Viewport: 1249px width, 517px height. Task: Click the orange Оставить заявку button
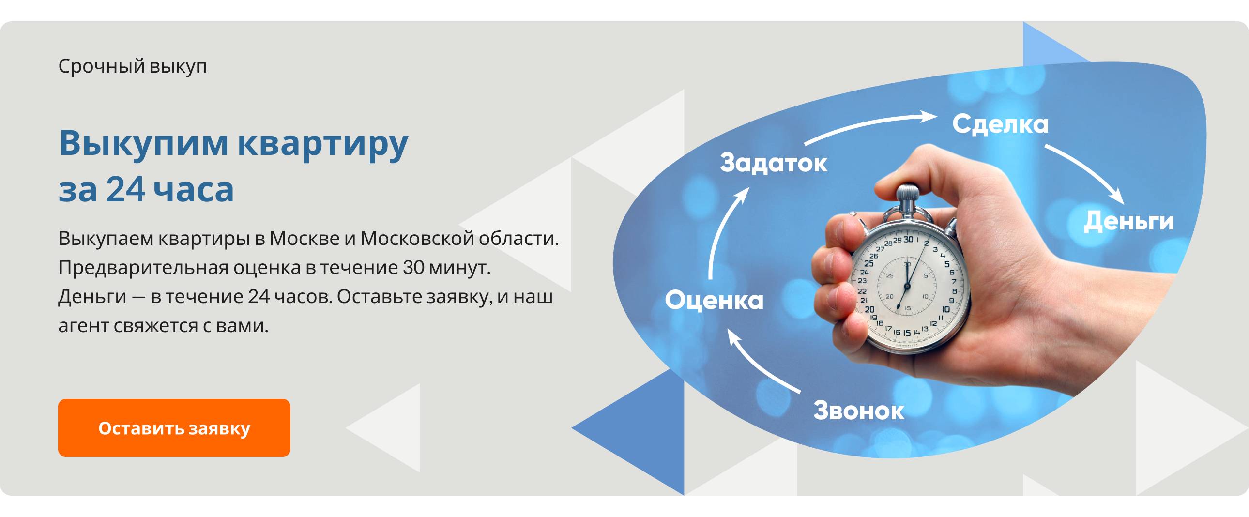tap(174, 428)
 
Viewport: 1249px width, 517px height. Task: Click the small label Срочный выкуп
tap(133, 66)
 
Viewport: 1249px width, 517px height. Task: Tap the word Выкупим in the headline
tap(143, 144)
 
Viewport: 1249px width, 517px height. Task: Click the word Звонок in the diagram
tap(859, 411)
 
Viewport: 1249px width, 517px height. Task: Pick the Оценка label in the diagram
tap(714, 300)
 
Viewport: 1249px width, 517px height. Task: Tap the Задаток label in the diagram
tap(773, 163)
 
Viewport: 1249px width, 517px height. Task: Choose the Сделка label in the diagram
tap(1000, 124)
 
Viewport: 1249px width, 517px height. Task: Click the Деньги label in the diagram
tap(1129, 221)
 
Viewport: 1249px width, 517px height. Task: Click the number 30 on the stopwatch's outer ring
tap(908, 239)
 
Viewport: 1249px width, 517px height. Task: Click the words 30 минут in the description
tap(446, 267)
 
